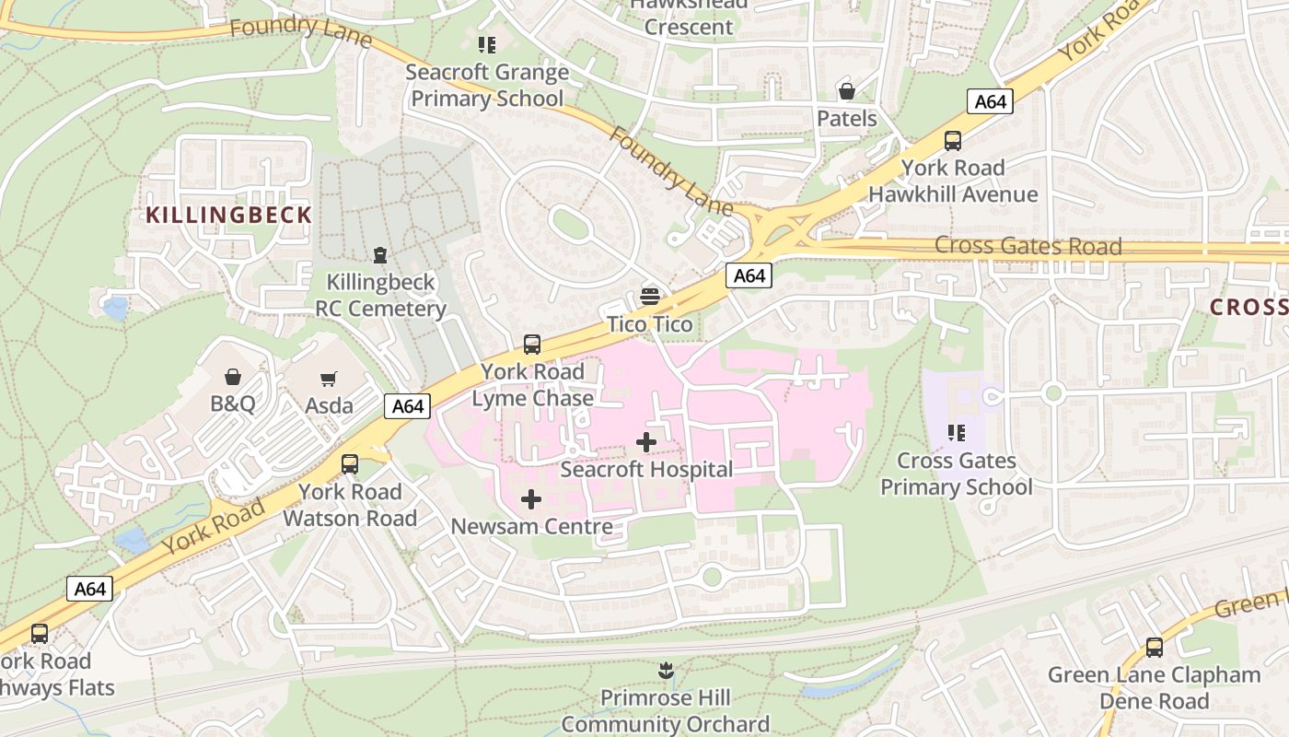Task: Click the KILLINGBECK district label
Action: coord(228,216)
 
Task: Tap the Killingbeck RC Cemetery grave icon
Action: coord(379,255)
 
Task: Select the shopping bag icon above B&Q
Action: coord(233,377)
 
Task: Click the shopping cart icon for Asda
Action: coord(329,379)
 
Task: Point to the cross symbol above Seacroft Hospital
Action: coord(646,442)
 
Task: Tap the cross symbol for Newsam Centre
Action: coord(531,499)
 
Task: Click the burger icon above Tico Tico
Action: coord(650,297)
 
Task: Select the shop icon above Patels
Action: coord(846,91)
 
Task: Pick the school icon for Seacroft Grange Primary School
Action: coord(487,44)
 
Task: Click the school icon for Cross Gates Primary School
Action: coord(957,433)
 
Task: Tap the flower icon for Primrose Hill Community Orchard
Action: coord(665,671)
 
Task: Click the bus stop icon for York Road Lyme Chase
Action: coord(532,345)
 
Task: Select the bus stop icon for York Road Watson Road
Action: coord(350,464)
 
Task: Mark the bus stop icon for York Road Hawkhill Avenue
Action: coord(953,141)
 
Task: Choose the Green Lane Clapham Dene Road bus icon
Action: coord(1154,648)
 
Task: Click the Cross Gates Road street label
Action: coord(1028,246)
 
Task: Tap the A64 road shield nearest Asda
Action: coord(407,406)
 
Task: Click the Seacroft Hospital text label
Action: coord(646,470)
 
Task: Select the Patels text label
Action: coord(847,119)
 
